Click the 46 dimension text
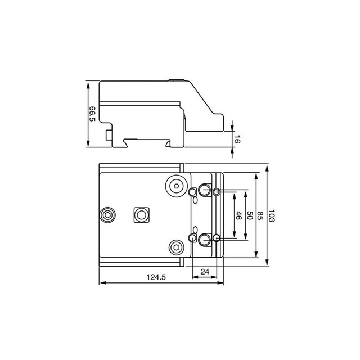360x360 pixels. click(x=238, y=216)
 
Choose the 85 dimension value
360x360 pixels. click(x=260, y=215)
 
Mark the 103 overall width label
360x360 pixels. click(x=272, y=216)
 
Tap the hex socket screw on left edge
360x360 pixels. click(x=107, y=215)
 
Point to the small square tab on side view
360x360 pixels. click(x=106, y=136)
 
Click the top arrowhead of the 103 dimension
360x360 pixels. click(x=267, y=167)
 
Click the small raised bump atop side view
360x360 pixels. click(x=179, y=80)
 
